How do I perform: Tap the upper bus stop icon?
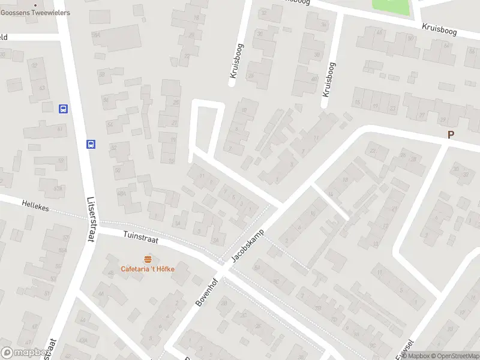pyautogui.click(x=63, y=109)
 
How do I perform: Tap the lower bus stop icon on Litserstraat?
pyautogui.click(x=91, y=144)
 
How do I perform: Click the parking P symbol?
pyautogui.click(x=451, y=135)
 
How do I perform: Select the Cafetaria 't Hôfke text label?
pyautogui.click(x=148, y=269)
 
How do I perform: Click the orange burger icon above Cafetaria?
pyautogui.click(x=148, y=259)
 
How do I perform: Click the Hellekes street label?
pyautogui.click(x=34, y=205)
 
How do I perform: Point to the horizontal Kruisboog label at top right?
pyautogui.click(x=440, y=28)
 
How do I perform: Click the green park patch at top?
pyautogui.click(x=391, y=7)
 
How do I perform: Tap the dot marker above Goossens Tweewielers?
pyautogui.click(x=35, y=5)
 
